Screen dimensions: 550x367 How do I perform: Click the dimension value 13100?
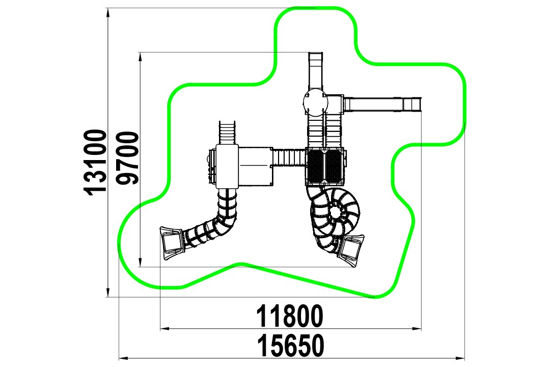(95, 162)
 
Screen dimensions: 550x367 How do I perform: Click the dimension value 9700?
(127, 159)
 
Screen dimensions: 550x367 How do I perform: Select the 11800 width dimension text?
(289, 316)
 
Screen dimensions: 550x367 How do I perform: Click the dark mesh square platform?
(325, 166)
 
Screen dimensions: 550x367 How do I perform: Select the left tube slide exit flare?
(172, 242)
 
